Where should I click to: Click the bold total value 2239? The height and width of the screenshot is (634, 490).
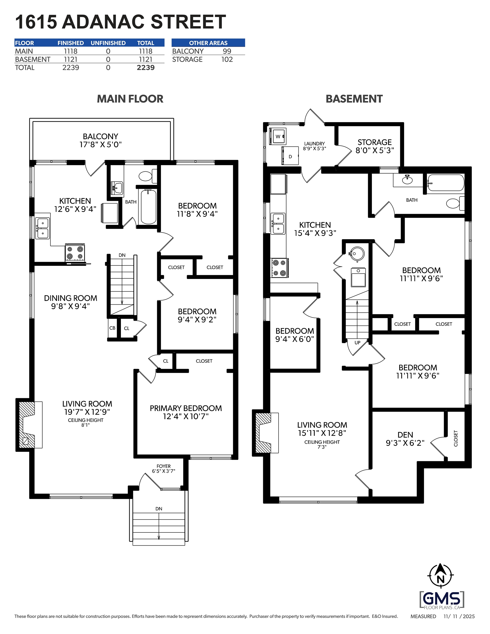(x=146, y=68)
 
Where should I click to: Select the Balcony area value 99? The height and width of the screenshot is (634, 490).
(x=227, y=51)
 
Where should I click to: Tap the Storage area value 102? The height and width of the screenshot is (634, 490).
(x=227, y=59)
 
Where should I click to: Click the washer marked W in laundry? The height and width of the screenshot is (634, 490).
(x=278, y=136)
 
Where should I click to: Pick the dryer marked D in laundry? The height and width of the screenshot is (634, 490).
(x=290, y=156)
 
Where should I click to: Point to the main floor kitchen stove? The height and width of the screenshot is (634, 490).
(x=75, y=253)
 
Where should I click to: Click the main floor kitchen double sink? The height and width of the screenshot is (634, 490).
(x=42, y=228)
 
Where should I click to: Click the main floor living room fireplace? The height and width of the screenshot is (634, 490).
(x=29, y=425)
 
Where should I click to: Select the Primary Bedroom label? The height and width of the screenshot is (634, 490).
(x=186, y=408)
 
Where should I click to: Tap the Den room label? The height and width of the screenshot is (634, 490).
(x=405, y=435)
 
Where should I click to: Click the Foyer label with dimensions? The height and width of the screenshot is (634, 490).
(x=164, y=469)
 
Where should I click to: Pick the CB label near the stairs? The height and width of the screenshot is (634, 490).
(x=112, y=328)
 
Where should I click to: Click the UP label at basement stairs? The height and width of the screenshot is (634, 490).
(x=357, y=343)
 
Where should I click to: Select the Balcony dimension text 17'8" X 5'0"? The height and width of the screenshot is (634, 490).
(x=100, y=144)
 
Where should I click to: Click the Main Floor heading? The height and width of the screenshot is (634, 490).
(x=130, y=99)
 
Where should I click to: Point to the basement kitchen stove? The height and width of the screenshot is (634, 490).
(x=279, y=268)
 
